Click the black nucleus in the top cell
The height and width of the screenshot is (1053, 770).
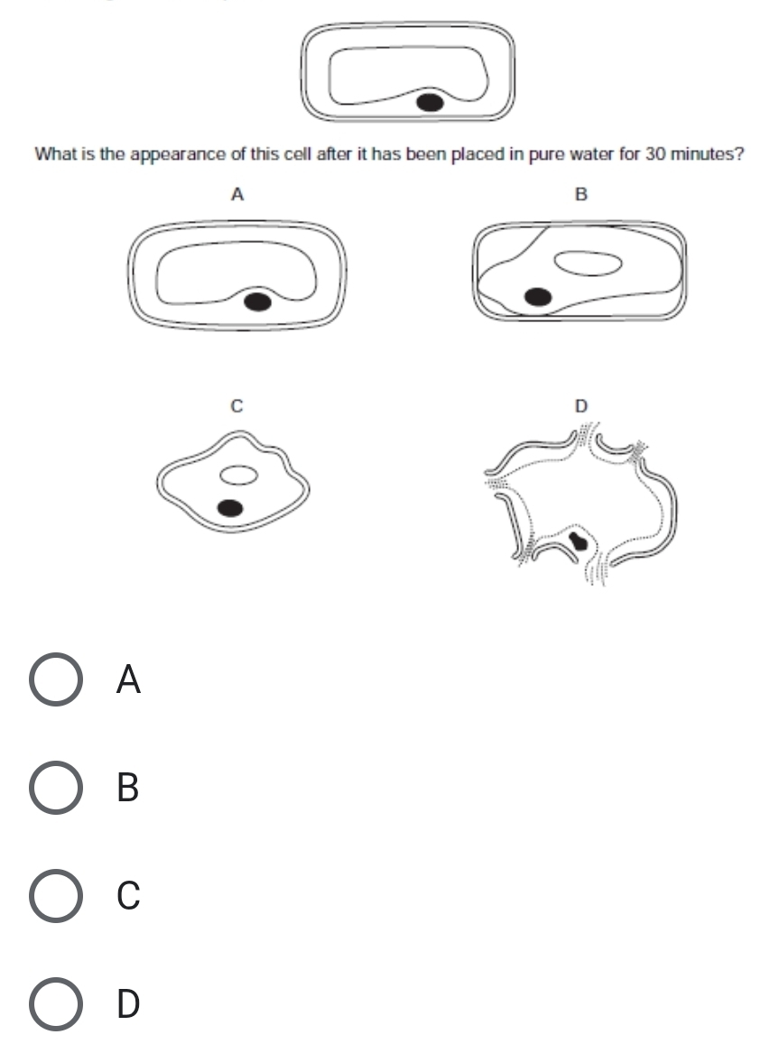pyautogui.click(x=431, y=102)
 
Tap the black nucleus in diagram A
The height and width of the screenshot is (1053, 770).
pyautogui.click(x=258, y=301)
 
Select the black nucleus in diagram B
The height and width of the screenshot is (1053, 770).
pyautogui.click(x=540, y=296)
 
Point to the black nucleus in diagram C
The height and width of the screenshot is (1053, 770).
pyautogui.click(x=231, y=508)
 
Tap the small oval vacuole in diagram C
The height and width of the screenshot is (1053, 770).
pyautogui.click(x=238, y=473)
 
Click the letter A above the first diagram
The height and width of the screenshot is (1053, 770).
pyautogui.click(x=237, y=194)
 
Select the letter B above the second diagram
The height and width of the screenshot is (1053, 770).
pyautogui.click(x=581, y=194)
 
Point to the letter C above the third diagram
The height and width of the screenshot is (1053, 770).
pyautogui.click(x=237, y=407)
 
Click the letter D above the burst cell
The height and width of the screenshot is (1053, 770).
pyautogui.click(x=581, y=407)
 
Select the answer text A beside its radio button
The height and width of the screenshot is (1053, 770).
pyautogui.click(x=128, y=680)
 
